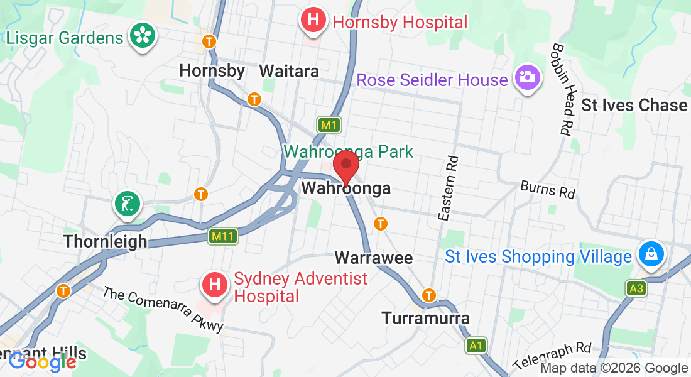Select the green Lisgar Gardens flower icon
[x=142, y=36]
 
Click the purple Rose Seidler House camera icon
[x=527, y=79]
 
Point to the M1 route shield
[x=329, y=125]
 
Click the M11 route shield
[x=224, y=236]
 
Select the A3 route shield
[x=636, y=288]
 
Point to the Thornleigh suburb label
[x=106, y=241]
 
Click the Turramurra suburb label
[x=426, y=319]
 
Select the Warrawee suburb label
[x=374, y=258]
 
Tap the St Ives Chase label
[x=634, y=105]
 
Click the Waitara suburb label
[x=289, y=71]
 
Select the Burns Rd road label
[x=548, y=189]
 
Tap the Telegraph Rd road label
[x=552, y=355]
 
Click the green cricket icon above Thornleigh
[x=128, y=203]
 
